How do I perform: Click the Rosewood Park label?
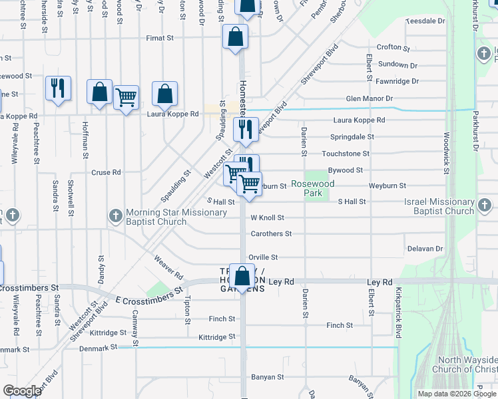(312, 188)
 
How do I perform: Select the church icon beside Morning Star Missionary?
(115, 215)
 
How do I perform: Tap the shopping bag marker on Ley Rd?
(242, 277)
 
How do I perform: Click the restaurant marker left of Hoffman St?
(57, 88)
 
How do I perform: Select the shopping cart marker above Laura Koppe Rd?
(126, 98)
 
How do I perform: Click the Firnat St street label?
(160, 39)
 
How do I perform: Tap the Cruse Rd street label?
(106, 172)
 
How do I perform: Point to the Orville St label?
(262, 257)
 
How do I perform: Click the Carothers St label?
(271, 234)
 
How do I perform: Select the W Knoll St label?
(267, 217)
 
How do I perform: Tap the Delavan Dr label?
(425, 249)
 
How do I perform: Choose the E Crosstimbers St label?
(148, 295)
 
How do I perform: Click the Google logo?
(23, 391)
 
